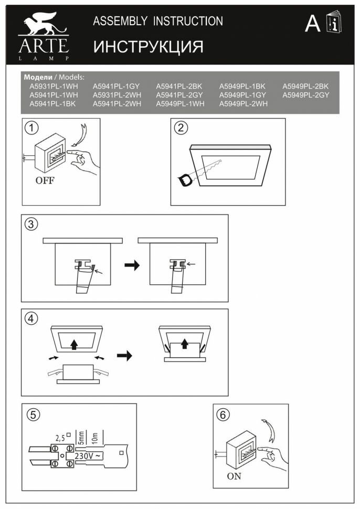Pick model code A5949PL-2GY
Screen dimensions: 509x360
click(x=306, y=95)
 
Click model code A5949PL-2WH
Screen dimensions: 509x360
click(x=243, y=104)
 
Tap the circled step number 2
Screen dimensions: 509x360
click(x=181, y=128)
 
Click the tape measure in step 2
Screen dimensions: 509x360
click(x=186, y=181)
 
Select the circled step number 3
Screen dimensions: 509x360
click(x=31, y=225)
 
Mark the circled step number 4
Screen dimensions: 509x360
click(x=31, y=319)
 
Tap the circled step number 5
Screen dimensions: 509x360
click(x=33, y=415)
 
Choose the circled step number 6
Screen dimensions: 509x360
click(x=224, y=415)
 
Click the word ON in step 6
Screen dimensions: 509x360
click(x=234, y=477)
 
